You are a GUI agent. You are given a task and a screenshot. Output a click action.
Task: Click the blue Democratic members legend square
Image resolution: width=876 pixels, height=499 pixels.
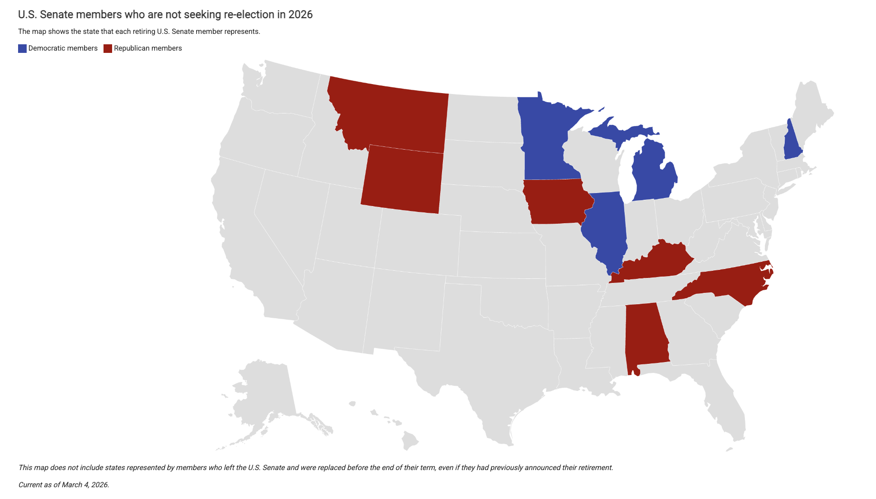pyautogui.click(x=22, y=48)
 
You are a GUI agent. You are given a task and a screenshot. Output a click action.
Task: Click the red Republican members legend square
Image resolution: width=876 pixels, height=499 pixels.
pyautogui.click(x=108, y=48)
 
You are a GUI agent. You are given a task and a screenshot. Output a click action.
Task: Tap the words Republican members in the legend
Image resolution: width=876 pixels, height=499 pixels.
pyautogui.click(x=148, y=48)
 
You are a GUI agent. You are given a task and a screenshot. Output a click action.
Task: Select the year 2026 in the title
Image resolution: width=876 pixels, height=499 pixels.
pyautogui.click(x=300, y=14)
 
